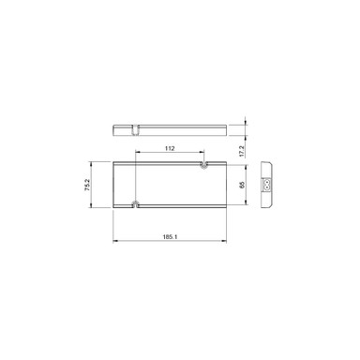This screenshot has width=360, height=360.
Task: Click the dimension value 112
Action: coord(170,148)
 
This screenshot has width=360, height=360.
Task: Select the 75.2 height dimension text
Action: coord(86,186)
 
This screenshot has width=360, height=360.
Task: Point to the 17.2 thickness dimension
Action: coord(241,150)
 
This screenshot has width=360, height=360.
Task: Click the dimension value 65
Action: coord(241,186)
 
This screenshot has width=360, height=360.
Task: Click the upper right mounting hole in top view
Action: coord(204,166)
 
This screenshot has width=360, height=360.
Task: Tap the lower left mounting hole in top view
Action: coord(137,202)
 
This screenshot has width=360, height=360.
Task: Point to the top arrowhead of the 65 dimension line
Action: coord(247,167)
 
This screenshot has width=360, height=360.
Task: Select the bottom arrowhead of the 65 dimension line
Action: coord(247,203)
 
